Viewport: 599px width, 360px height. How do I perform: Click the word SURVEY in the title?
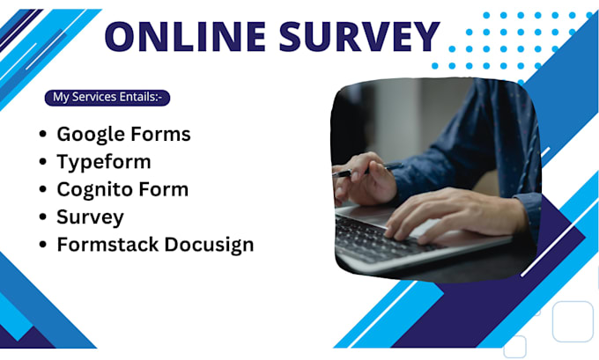352,37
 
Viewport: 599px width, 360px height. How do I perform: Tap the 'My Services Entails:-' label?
107,97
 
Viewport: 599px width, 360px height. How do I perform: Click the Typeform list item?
103,162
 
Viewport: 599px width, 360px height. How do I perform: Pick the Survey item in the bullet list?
90,217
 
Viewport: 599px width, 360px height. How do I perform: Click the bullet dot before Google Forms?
43,136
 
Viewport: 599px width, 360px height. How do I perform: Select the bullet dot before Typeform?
43,163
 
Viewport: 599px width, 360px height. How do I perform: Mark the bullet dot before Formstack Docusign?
43,245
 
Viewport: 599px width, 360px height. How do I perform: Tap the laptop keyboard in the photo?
370,236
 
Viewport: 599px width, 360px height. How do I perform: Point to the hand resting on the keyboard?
440,216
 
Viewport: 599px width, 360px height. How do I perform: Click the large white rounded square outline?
573,321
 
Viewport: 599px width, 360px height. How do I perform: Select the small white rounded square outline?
515,346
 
